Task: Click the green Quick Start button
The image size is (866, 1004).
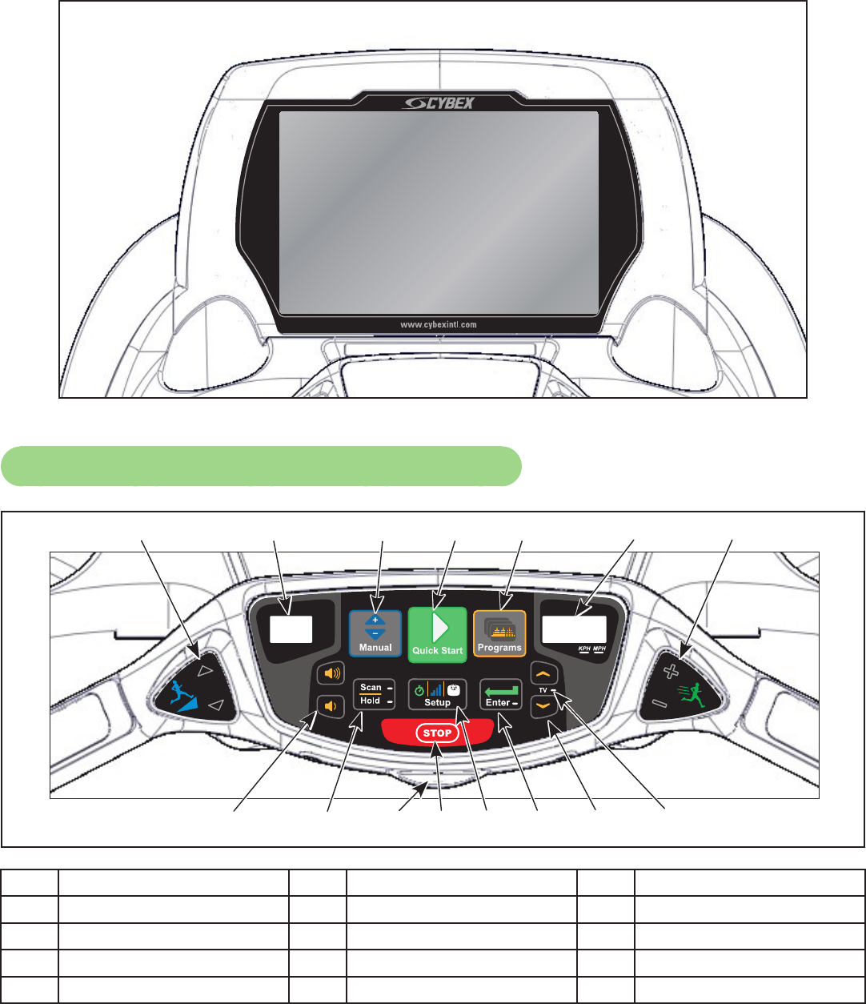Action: pos(437,633)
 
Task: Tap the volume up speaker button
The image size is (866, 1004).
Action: pos(330,674)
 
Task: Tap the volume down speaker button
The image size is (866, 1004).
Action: pos(330,706)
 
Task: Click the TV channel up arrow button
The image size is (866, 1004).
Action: pos(543,677)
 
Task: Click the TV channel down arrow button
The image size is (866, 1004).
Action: pos(543,707)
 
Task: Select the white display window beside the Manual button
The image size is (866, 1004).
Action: pos(290,629)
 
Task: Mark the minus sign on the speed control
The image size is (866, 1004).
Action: pos(658,704)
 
